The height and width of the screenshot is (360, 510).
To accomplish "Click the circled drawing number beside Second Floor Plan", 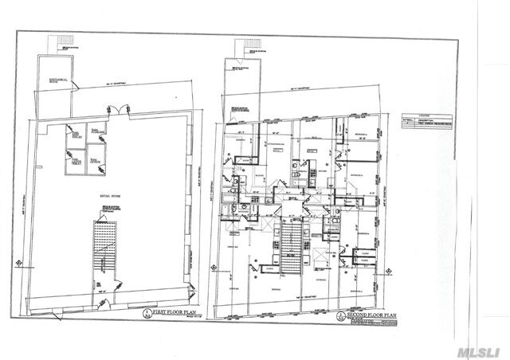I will pyautogui.click(x=340, y=316).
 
